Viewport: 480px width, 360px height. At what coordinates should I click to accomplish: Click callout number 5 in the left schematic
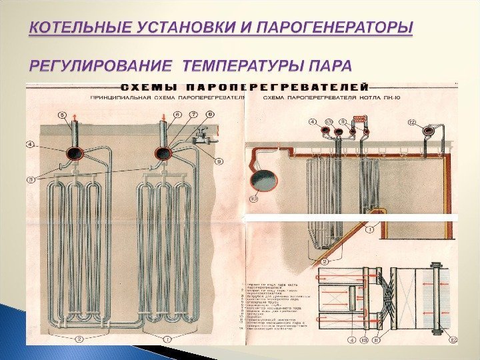64,115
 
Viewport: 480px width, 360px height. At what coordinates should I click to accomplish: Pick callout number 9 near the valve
220,160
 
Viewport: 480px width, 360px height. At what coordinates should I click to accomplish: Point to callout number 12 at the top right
411,122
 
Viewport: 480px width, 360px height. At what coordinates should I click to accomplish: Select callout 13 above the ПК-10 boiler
328,121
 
